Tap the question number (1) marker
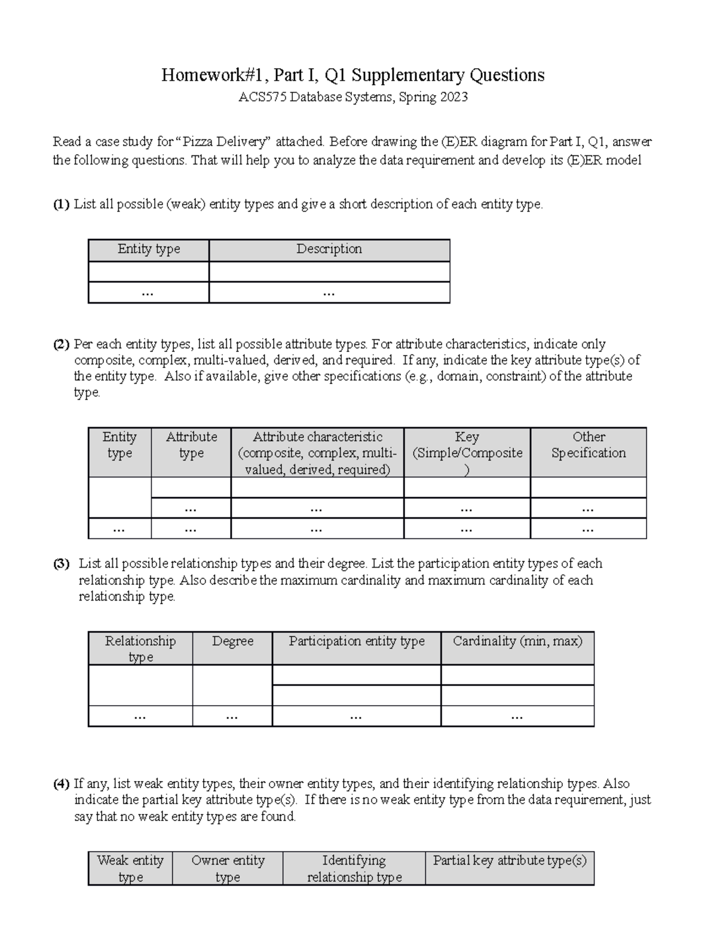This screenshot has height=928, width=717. click(61, 204)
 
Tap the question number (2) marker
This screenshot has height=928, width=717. click(61, 344)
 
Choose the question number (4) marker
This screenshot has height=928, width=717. click(61, 784)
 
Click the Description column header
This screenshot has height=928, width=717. click(329, 249)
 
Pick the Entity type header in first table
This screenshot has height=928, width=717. click(149, 249)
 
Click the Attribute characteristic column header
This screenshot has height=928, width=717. click(317, 453)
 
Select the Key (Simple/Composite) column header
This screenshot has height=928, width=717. click(467, 453)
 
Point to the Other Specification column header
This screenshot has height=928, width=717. click(589, 445)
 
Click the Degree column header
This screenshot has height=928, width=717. click(232, 641)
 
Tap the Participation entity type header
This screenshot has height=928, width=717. click(357, 641)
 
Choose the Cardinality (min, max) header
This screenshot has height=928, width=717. click(517, 641)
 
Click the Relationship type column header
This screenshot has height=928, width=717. click(140, 649)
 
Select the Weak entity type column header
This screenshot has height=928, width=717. click(130, 869)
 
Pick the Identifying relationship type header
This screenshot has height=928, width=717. click(354, 869)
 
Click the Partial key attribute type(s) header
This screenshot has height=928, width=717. click(510, 860)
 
